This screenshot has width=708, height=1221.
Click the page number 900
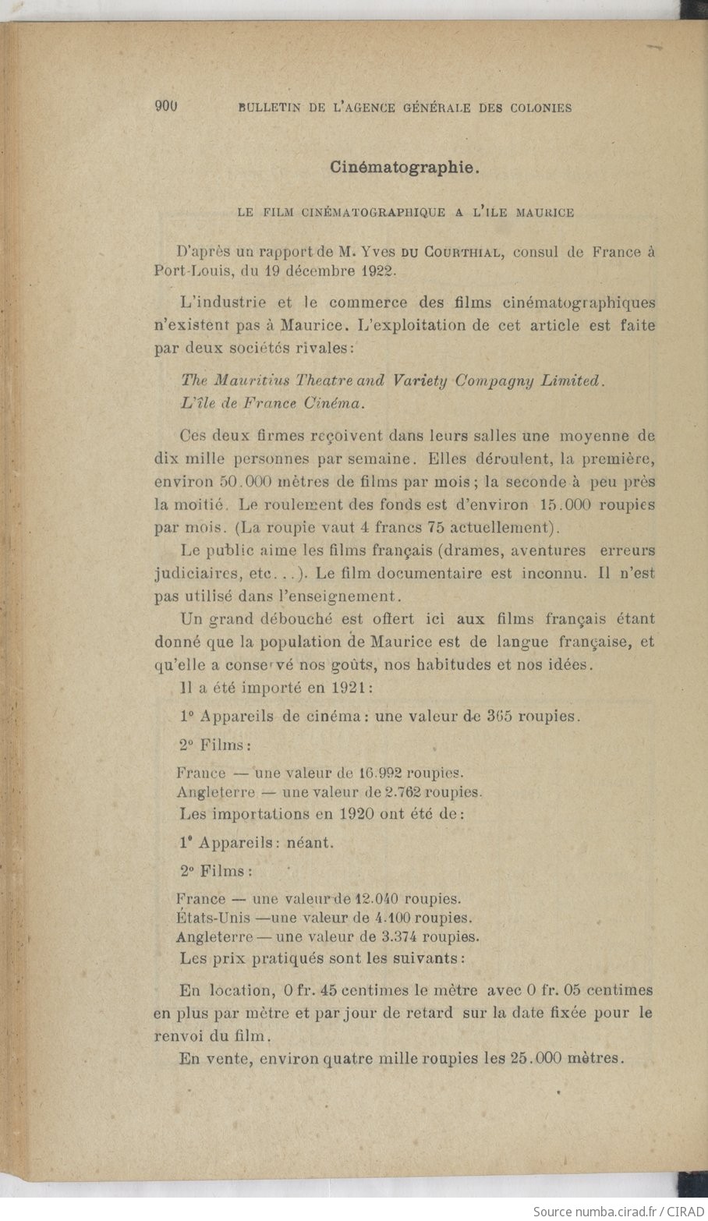coord(167,108)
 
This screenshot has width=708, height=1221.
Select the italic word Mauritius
coord(250,380)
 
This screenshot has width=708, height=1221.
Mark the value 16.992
coord(380,773)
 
